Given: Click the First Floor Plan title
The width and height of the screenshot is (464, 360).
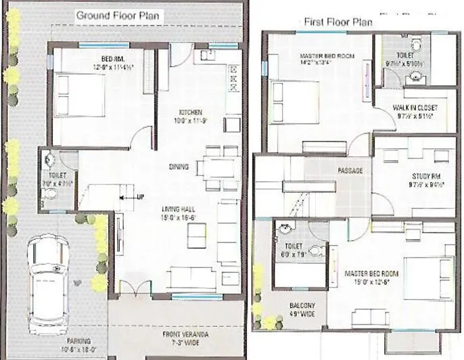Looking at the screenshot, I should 338,22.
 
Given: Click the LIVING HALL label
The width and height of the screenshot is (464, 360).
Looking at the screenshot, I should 179,209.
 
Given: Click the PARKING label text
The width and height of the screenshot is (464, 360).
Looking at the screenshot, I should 79,342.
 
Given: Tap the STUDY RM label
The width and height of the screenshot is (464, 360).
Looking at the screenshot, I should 425,174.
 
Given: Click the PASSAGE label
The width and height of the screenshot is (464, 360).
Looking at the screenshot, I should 350,171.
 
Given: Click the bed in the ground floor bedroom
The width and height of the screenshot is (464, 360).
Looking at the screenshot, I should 79,96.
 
